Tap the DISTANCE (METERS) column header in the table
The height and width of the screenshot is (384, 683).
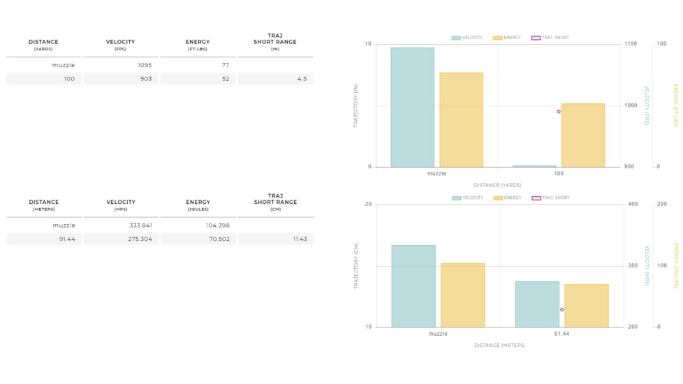coord(44,205)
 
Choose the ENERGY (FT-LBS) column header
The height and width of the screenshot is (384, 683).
coord(198,45)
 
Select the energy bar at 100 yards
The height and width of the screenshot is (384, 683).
coord(583,135)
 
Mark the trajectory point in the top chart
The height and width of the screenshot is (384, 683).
coord(559,112)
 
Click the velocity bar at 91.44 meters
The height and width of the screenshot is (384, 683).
coord(537,304)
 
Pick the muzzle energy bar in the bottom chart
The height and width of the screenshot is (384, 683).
coord(462,295)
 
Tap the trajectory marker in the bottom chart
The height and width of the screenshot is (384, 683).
coord(561,310)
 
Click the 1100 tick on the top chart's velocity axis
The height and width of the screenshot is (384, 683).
coord(631,44)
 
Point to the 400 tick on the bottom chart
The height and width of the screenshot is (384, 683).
coord(633,205)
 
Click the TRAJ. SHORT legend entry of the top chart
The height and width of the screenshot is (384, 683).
coord(550,38)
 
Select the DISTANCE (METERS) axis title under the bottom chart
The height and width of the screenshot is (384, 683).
coord(499,345)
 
